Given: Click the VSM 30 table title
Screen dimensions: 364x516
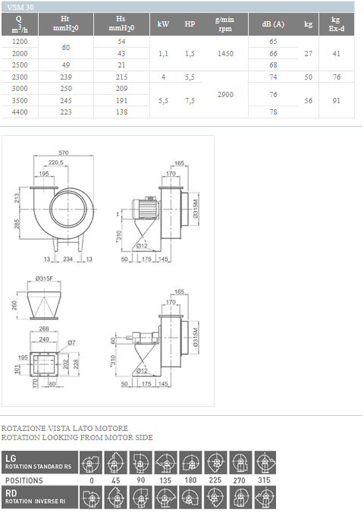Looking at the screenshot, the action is point(20,7).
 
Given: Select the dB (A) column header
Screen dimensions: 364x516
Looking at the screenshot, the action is point(273,24).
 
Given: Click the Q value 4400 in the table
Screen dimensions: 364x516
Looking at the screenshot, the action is point(20,112).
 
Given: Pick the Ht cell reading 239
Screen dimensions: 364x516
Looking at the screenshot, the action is point(66,77).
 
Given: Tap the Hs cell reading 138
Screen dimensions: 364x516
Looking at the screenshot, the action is point(121,112).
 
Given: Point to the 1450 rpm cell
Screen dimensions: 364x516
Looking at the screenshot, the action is point(225,53).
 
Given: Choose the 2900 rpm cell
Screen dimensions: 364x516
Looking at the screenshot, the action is point(225,94).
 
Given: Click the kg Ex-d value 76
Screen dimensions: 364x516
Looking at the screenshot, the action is point(336,77).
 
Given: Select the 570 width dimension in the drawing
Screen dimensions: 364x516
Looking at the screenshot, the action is point(64,153).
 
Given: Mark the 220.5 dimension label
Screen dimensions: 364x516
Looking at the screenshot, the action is point(55,162).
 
